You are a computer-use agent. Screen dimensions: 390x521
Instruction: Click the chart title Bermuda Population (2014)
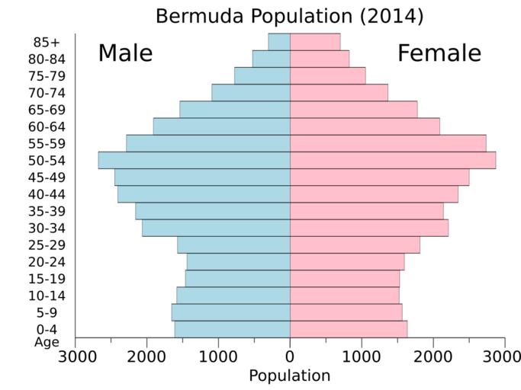tap(289, 15)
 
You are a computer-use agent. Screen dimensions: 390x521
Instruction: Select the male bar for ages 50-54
tap(194, 160)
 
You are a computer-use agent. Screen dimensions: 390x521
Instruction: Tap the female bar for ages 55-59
tap(388, 143)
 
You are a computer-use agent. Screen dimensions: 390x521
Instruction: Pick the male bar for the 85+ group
tap(279, 42)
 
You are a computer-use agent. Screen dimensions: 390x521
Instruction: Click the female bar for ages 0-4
tap(349, 329)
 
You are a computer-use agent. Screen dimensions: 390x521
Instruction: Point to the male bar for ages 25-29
tap(233, 245)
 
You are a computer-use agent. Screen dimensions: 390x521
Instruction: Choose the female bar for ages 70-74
tap(339, 92)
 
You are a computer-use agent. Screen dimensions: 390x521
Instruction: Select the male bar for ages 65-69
tap(235, 109)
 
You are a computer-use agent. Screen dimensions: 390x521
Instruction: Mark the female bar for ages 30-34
tap(369, 228)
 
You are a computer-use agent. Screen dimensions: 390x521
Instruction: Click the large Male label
tap(125, 53)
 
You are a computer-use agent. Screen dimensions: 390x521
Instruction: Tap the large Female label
tap(439, 53)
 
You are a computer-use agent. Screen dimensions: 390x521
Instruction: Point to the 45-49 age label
tap(45, 177)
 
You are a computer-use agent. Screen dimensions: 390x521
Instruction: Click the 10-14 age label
tap(45, 296)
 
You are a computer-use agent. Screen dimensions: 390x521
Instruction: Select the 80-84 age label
tap(45, 59)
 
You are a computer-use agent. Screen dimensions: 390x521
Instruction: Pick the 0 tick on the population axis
tap(290, 356)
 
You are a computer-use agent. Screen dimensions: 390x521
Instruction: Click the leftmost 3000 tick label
tap(76, 356)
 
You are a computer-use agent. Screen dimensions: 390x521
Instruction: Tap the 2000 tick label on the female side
tap(433, 356)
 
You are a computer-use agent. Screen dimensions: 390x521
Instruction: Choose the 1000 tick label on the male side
tap(218, 356)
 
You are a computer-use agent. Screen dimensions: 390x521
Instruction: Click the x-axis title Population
tap(289, 376)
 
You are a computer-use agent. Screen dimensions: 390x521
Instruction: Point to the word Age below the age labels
tap(47, 342)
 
